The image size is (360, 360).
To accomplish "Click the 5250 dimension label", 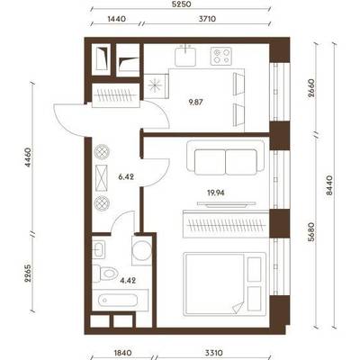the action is [x=180, y=4].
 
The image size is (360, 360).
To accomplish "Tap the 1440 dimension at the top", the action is [x=116, y=19].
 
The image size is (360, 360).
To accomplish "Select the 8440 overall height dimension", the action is [x=329, y=185].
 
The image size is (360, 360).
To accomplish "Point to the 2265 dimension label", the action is [x=28, y=273].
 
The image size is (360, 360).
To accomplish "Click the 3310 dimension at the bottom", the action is [x=214, y=352].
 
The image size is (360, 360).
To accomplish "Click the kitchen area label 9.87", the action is [x=195, y=102].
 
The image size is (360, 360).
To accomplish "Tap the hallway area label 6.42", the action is [x=126, y=177].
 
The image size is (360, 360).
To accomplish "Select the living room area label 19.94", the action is [x=216, y=193].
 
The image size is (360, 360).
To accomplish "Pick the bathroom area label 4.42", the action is [x=128, y=281].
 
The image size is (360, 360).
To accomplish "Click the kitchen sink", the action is [x=185, y=56].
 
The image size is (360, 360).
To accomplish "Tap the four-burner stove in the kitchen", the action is [x=220, y=56].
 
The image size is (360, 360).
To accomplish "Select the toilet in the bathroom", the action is [x=104, y=273].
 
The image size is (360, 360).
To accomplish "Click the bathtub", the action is [x=118, y=300].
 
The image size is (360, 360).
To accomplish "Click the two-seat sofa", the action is [x=225, y=157].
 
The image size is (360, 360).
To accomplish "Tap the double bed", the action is [x=225, y=283].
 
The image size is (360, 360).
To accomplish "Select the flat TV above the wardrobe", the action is [x=227, y=204].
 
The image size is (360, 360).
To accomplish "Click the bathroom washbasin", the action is [x=98, y=248].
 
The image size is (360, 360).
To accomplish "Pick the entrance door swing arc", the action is [x=61, y=126].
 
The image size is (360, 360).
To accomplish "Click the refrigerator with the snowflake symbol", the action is [x=155, y=85].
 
